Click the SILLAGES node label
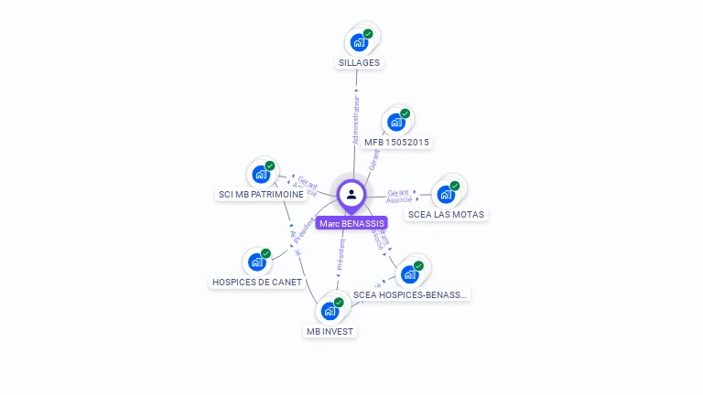point(359,63)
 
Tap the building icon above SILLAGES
point(359,42)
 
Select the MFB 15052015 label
point(396,142)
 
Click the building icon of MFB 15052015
point(395,122)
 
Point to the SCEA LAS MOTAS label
point(447,214)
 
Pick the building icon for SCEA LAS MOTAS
point(446,194)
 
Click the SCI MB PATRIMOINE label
point(261,195)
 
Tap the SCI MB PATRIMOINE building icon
point(261,174)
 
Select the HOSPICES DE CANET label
point(256,283)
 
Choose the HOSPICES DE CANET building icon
point(257,262)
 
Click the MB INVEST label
point(330,331)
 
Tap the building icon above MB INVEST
point(330,311)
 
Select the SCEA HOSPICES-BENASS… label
point(410,294)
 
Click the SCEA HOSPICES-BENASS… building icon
point(409,273)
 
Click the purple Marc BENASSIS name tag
point(351,223)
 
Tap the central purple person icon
point(351,194)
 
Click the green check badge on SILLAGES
point(368,34)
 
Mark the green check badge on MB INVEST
point(339,302)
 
